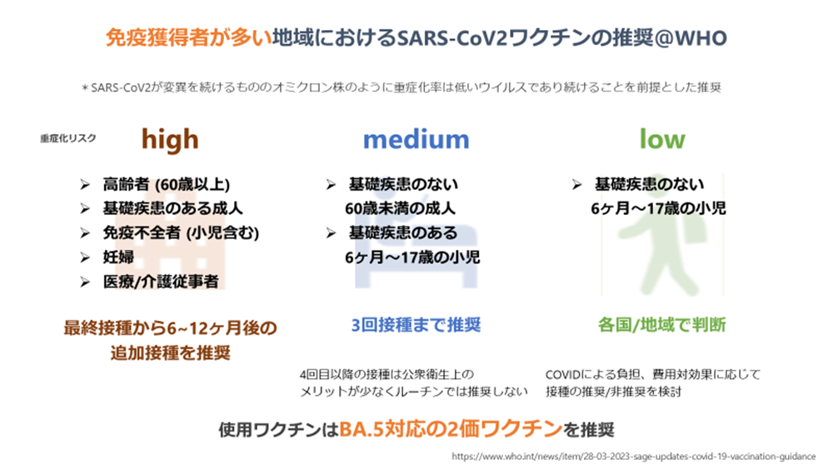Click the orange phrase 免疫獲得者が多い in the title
click(x=188, y=38)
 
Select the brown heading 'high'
click(x=170, y=140)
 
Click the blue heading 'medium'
click(x=416, y=140)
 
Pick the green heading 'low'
click(x=662, y=139)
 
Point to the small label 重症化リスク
click(x=68, y=138)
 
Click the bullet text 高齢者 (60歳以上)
click(x=167, y=184)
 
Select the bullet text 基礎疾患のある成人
click(x=172, y=208)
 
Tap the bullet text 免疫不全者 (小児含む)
click(x=181, y=232)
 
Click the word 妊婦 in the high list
click(x=118, y=257)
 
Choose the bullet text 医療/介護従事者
click(x=161, y=282)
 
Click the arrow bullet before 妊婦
click(x=85, y=257)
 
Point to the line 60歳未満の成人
click(x=400, y=208)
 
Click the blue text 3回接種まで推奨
click(x=416, y=325)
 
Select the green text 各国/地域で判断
click(x=662, y=325)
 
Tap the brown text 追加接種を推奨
click(x=171, y=352)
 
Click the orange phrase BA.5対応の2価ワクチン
click(x=451, y=429)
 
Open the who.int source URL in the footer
click(x=633, y=457)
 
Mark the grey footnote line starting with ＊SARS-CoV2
click(x=402, y=87)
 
